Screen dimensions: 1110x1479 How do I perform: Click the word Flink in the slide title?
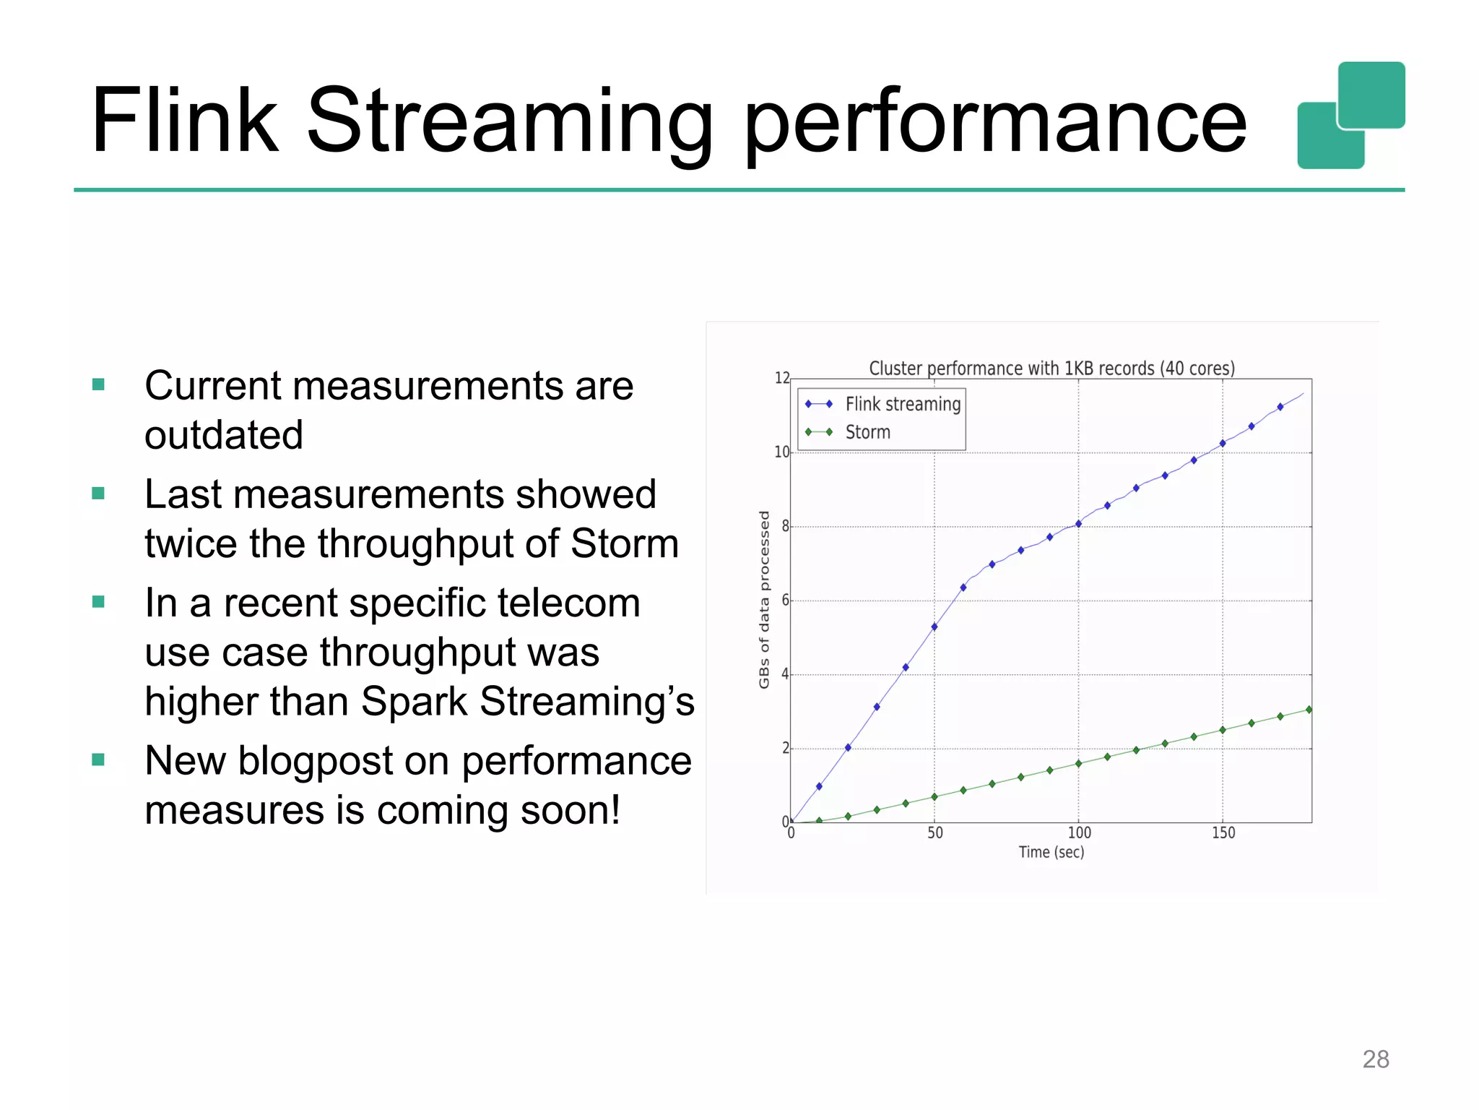point(184,121)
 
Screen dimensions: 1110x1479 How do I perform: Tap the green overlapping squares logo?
point(1350,116)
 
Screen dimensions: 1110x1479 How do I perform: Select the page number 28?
point(1375,1059)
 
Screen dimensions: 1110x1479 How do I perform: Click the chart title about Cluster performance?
point(1051,369)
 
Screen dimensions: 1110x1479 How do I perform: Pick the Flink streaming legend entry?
point(902,404)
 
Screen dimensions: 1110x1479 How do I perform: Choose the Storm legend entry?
point(867,432)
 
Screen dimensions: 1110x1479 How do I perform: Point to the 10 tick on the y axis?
point(781,452)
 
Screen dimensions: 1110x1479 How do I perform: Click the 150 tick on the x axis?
point(1223,833)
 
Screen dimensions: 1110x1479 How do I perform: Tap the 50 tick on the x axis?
point(935,833)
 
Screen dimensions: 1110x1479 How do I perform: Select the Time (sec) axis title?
point(1051,853)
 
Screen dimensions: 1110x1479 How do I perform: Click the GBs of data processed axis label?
point(764,600)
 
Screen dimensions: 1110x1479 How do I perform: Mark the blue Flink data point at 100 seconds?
point(1078,524)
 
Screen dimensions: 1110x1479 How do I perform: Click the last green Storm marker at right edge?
point(1309,710)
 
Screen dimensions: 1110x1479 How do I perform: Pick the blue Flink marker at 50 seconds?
point(934,627)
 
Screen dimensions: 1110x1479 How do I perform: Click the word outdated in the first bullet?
point(224,436)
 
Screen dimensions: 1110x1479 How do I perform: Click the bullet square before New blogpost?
point(99,760)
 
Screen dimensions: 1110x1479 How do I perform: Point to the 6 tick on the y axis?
point(785,601)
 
